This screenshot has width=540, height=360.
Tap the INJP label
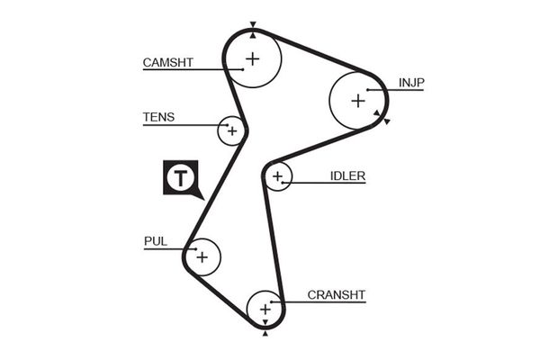pyautogui.click(x=411, y=83)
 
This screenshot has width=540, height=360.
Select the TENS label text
pyautogui.click(x=158, y=117)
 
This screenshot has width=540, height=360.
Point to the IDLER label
pyautogui.click(x=346, y=175)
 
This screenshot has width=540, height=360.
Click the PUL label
pyautogui.click(x=155, y=240)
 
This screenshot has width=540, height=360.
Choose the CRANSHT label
pyautogui.click(x=337, y=294)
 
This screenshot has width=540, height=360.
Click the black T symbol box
pyautogui.click(x=180, y=177)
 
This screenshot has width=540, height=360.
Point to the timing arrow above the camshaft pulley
pyautogui.click(x=253, y=25)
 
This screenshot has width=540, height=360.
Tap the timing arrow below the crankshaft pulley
pyautogui.click(x=265, y=334)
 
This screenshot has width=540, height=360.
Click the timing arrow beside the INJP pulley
pyautogui.click(x=386, y=121)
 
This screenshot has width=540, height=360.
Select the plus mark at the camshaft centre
pyautogui.click(x=253, y=60)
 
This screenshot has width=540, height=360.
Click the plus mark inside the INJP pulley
pyautogui.click(x=357, y=99)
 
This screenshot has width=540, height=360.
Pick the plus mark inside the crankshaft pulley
pyautogui.click(x=265, y=310)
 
